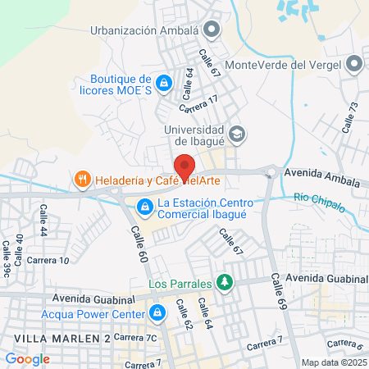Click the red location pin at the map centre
pyautogui.click(x=184, y=166)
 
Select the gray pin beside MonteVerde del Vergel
pyautogui.click(x=354, y=64)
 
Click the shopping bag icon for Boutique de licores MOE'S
pyautogui.click(x=164, y=83)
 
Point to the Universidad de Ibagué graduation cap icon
pyautogui.click(x=236, y=134)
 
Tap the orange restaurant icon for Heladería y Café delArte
pyautogui.click(x=82, y=179)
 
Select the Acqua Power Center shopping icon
pyautogui.click(x=156, y=312)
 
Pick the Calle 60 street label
pyautogui.click(x=138, y=245)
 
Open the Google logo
pyautogui.click(x=27, y=358)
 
